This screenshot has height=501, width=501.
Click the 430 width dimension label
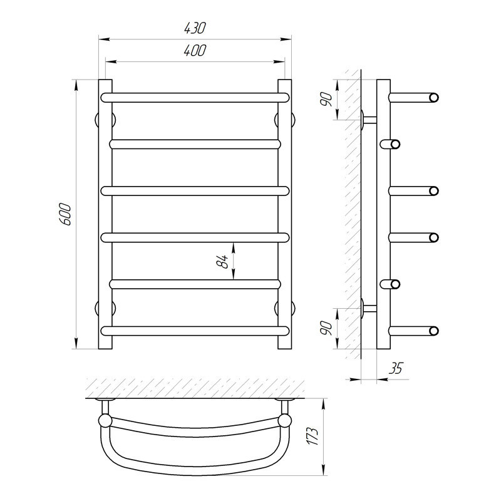coord(195,28)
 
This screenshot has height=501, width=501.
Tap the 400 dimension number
coord(195,51)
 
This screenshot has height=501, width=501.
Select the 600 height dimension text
coord(66,214)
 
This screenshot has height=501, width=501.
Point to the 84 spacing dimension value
coord(222,261)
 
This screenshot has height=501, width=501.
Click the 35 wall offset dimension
coord(396,368)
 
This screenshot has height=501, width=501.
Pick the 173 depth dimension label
coord(312,435)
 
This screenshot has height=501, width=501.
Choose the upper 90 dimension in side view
coord(326,100)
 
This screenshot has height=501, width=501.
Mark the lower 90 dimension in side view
coord(326,328)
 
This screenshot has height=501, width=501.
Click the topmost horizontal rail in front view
coord(195,98)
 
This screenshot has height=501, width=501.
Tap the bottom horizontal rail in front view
coord(195,331)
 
